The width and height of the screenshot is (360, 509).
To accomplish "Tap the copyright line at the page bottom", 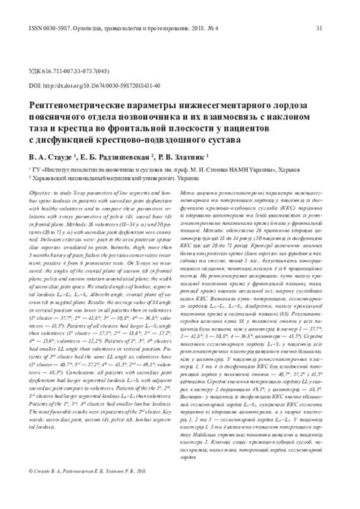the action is click(x=91, y=494).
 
